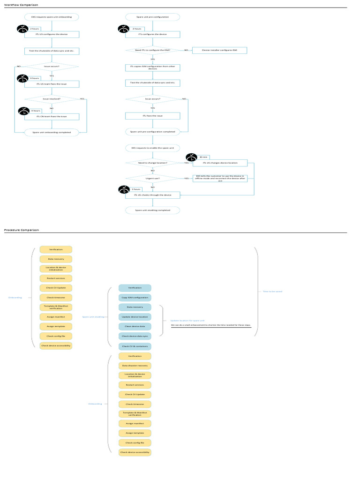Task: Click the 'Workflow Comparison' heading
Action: (18, 5)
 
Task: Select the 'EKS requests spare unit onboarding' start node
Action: (52, 17)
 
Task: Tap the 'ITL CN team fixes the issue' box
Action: (52, 116)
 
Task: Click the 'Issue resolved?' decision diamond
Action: (52, 99)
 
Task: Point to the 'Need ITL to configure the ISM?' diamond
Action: (153, 50)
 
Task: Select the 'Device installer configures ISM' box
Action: (219, 50)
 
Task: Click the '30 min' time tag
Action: (203, 157)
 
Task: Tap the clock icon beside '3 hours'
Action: (123, 190)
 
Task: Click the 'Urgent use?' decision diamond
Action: (153, 179)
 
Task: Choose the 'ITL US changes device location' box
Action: (220, 163)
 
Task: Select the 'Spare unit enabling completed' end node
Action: (153, 210)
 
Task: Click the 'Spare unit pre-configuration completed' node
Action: (153, 131)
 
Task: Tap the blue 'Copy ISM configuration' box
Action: (135, 297)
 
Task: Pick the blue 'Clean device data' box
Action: (135, 326)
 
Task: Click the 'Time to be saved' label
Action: (272, 292)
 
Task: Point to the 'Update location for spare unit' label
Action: (184, 320)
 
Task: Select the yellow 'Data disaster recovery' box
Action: (135, 366)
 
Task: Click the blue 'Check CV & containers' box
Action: (135, 346)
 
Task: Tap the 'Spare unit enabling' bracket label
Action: (93, 316)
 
